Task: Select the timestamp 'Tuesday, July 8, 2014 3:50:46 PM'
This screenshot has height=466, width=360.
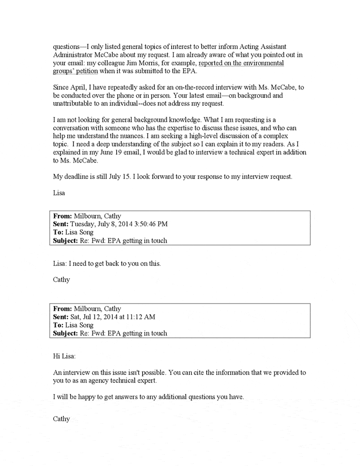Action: point(121,224)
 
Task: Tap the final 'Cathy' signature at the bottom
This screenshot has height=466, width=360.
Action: point(62,419)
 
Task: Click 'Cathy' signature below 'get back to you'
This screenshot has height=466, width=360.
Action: point(62,280)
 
